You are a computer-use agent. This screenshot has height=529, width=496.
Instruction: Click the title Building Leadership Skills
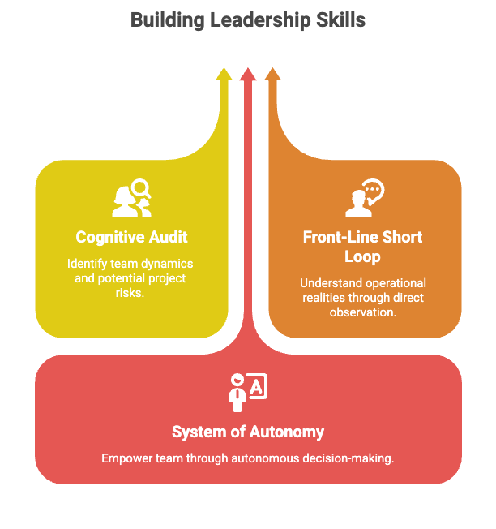pos(248,19)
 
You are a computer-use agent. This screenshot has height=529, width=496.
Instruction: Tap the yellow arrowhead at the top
pos(224,75)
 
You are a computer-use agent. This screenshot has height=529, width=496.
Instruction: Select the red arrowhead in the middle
pos(248,75)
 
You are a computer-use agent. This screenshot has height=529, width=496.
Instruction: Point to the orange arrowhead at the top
pos(272,75)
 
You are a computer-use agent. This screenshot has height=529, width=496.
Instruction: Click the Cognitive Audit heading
pos(131,237)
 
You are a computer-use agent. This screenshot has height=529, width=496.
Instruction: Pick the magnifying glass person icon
pos(131,198)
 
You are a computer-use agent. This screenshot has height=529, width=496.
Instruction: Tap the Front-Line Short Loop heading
pos(363,247)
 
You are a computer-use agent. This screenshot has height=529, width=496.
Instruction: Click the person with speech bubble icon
pos(364,199)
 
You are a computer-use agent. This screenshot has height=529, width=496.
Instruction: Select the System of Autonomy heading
pos(248,432)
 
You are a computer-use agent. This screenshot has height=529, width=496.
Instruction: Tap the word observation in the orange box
pos(363,312)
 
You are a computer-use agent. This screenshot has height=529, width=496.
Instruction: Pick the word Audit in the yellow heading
pos(168,237)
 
